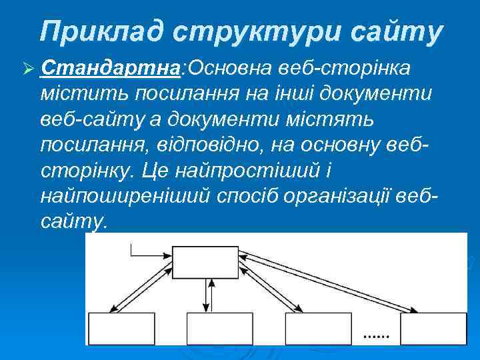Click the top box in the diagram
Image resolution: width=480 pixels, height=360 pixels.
[205, 263]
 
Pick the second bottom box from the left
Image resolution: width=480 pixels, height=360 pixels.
[210, 328]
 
